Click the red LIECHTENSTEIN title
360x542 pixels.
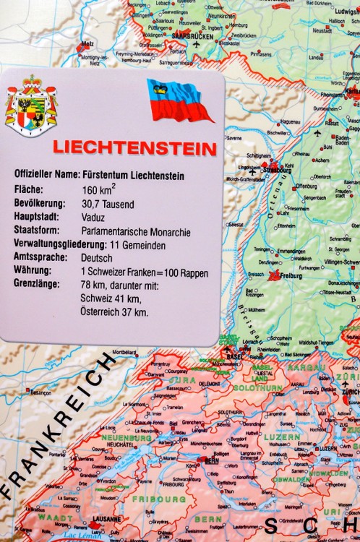[134, 149]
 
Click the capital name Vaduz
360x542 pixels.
[95, 218]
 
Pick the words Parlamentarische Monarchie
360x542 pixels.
[136, 232]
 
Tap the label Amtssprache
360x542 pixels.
[40, 257]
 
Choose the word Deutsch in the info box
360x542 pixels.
[98, 257]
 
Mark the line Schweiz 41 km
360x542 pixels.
[111, 298]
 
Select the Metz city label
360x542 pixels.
[90, 43]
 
